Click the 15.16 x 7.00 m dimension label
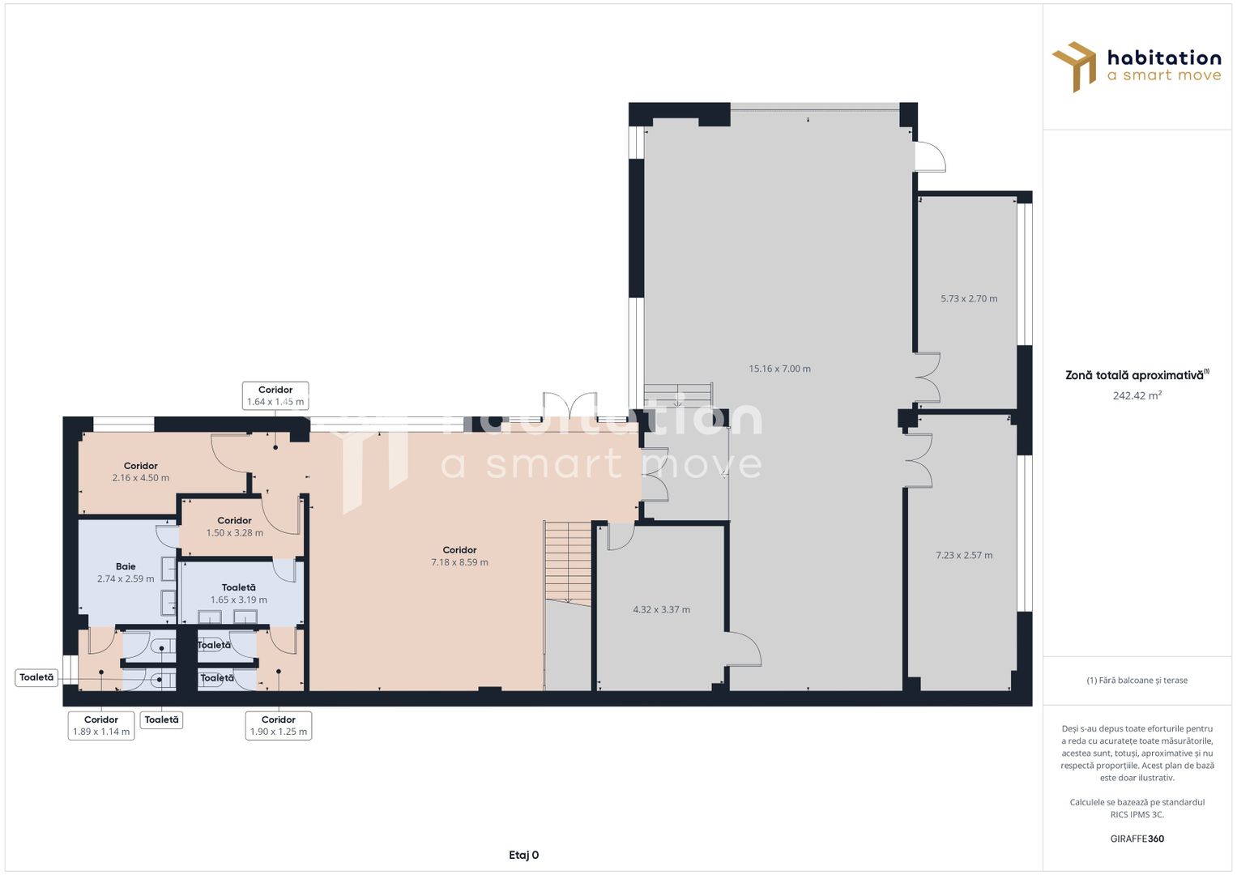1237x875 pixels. coord(779,369)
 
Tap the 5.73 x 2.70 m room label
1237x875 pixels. coord(969,299)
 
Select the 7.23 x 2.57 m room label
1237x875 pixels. coord(964,555)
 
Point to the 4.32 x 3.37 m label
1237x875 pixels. coord(661,609)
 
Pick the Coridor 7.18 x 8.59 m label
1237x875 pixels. coord(459,557)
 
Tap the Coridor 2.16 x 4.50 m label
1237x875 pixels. coord(141,472)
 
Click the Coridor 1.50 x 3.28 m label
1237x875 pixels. coord(235,527)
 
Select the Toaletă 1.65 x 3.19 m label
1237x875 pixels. coord(238,594)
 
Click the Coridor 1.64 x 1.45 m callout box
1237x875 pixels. coord(275,395)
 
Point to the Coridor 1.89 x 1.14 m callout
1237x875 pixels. coord(101,725)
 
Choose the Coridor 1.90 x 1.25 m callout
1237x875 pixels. coord(279,725)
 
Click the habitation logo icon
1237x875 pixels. coord(1073,66)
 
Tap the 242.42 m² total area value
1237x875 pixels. coord(1137,395)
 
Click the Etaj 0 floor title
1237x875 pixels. coord(523,855)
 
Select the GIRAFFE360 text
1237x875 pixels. coord(1137,839)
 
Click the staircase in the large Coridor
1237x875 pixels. coord(568,562)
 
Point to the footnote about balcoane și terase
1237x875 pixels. coord(1137,680)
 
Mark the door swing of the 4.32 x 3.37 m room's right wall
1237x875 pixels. coord(744,650)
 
